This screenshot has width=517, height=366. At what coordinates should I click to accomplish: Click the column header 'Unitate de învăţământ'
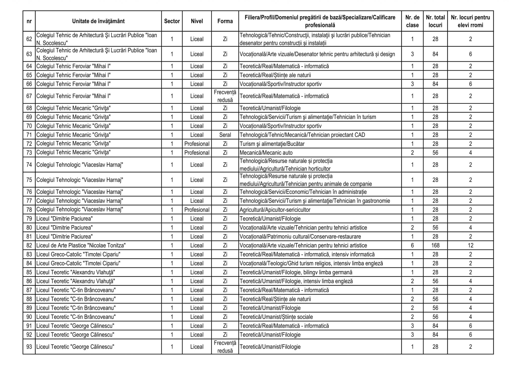98,21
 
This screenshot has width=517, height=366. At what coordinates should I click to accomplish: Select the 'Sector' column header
172,21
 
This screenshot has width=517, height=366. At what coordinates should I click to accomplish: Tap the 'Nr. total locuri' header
435,21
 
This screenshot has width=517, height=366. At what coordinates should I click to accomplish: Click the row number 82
29,246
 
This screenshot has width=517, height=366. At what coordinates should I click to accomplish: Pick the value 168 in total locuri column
435,246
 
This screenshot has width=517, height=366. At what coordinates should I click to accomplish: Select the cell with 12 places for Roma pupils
470,246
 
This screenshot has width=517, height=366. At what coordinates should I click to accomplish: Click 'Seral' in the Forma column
225,135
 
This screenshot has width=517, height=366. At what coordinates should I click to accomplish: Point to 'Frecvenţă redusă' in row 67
225,96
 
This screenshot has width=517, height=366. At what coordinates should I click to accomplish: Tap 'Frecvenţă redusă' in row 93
225,347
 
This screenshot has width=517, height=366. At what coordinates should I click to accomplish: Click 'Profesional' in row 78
197,210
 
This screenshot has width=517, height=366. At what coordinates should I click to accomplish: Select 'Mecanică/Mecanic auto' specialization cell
266,153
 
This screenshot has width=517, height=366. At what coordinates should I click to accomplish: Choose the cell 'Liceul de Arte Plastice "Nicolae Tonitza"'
81,246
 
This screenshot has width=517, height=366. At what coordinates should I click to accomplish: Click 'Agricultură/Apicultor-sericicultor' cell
275,210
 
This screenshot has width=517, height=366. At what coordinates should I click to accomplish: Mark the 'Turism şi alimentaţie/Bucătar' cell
272,144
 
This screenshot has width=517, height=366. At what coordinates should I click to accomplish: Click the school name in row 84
78,263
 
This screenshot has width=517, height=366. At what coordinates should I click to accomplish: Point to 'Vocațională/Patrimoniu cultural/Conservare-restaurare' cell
300,237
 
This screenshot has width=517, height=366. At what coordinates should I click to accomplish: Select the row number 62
29,39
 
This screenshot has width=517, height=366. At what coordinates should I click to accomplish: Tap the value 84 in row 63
435,54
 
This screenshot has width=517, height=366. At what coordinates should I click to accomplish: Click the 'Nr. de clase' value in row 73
412,153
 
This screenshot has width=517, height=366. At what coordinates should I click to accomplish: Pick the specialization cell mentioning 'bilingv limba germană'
296,272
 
